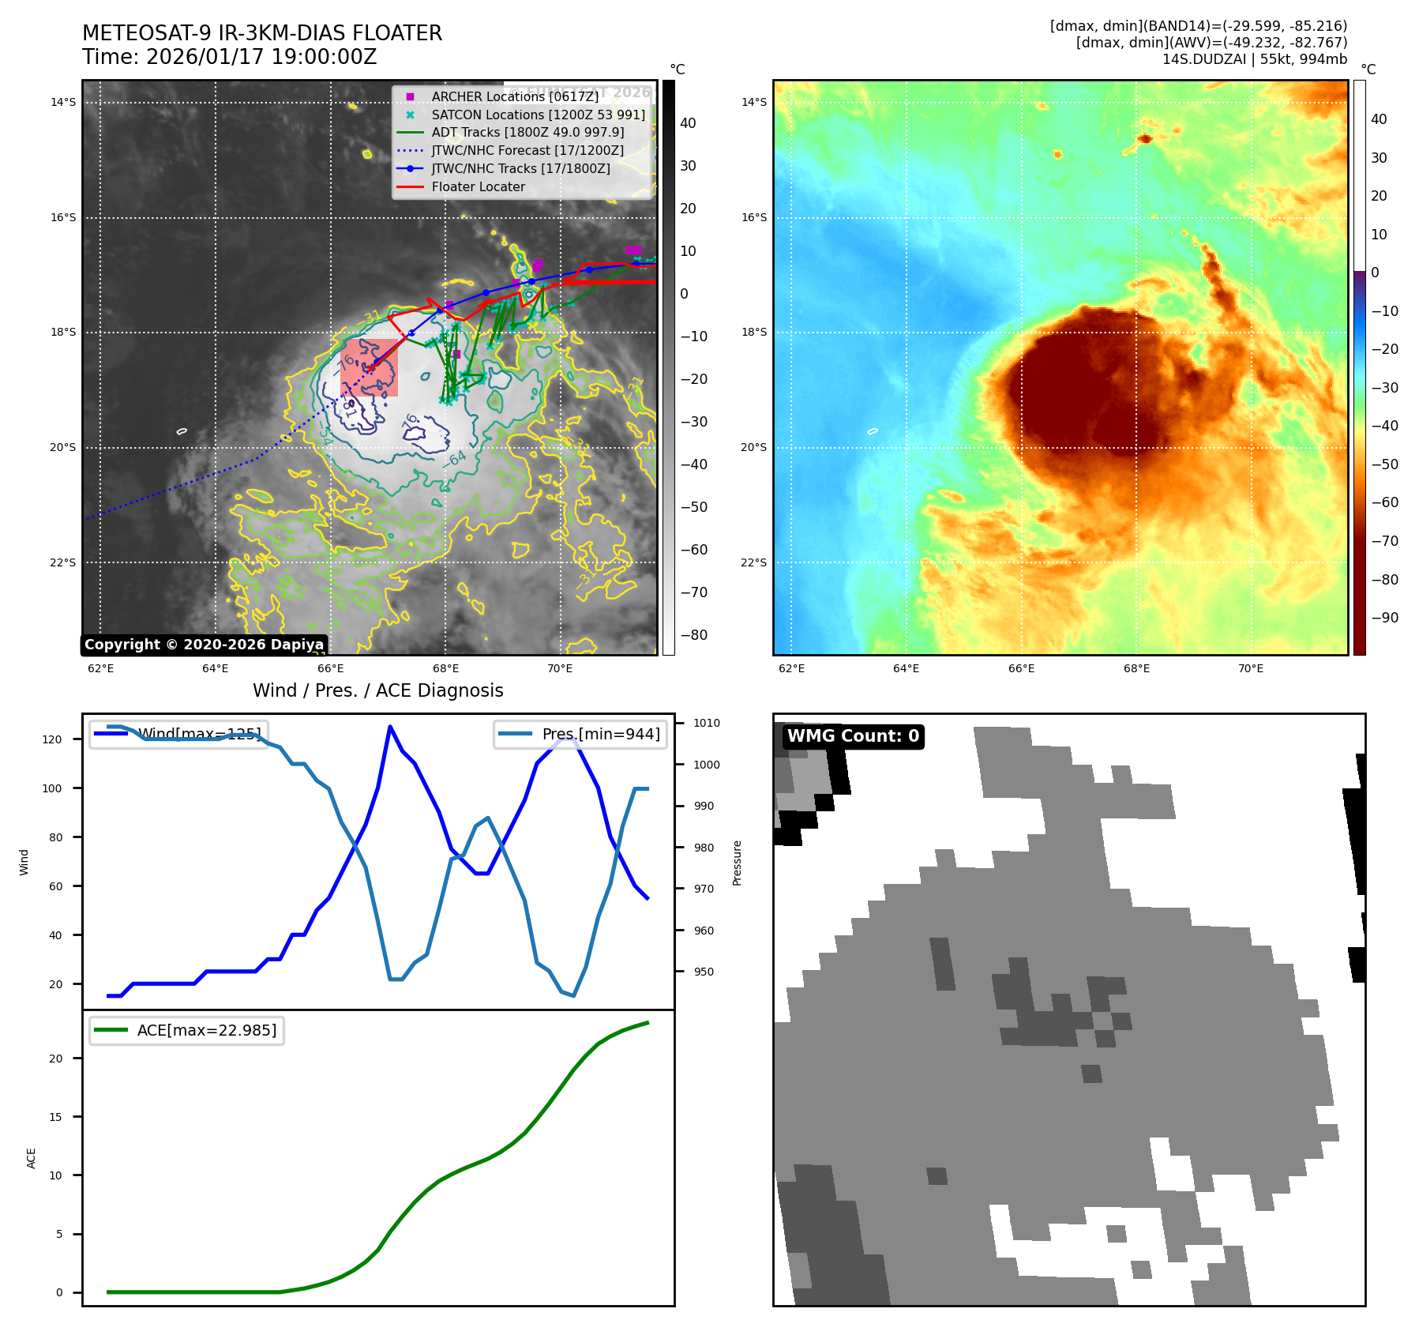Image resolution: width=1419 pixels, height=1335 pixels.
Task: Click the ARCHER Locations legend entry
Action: pos(515,96)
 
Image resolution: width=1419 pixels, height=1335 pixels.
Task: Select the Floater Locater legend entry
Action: pos(478,187)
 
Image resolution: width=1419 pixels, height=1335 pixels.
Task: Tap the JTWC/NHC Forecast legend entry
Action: pos(527,151)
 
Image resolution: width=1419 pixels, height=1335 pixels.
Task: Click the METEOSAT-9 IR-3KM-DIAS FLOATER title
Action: pos(262,33)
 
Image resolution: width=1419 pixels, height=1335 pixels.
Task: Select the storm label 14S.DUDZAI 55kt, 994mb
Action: pos(1254,59)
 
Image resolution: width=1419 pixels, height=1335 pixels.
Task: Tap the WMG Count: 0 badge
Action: pos(853,736)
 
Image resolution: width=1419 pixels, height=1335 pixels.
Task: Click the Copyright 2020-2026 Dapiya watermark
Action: pos(204,645)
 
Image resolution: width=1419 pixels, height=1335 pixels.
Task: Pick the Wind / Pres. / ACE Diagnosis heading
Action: pos(377,690)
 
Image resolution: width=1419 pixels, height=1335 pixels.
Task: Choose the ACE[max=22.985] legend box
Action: pos(187,1030)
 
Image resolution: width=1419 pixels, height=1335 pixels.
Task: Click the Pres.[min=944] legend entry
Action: pos(580,734)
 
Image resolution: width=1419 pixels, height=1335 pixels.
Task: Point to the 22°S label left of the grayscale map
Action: pos(63,562)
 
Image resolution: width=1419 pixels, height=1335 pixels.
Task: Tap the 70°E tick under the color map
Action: pos(1251,668)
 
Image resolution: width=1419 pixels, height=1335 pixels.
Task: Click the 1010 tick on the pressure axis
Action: pos(707,723)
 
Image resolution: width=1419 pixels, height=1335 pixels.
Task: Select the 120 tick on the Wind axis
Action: pos(52,739)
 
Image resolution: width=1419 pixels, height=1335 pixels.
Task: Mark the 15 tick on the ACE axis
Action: pos(55,1117)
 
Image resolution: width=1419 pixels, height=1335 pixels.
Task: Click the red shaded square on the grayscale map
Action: pos(369,368)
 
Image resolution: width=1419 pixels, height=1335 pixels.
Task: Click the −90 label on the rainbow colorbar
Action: pos(1383,618)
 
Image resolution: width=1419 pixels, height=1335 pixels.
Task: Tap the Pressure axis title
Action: pos(737,863)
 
